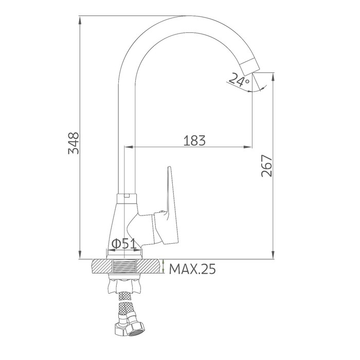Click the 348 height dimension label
click(x=74, y=143)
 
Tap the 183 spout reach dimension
click(x=194, y=140)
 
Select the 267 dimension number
click(x=267, y=166)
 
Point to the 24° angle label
click(x=239, y=79)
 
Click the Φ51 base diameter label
click(x=123, y=244)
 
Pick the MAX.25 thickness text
click(x=192, y=269)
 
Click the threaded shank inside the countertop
click(x=124, y=266)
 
